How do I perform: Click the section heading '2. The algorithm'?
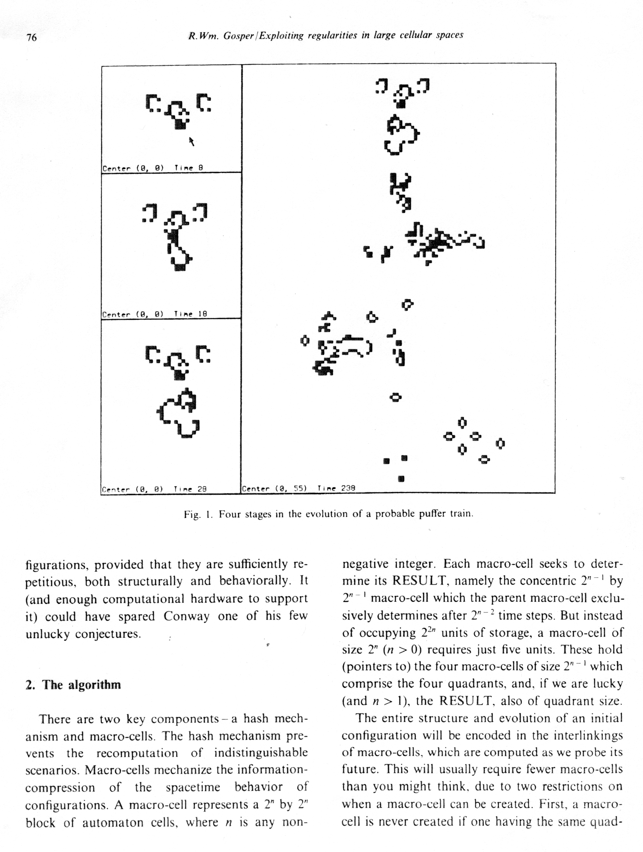coord(73,685)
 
